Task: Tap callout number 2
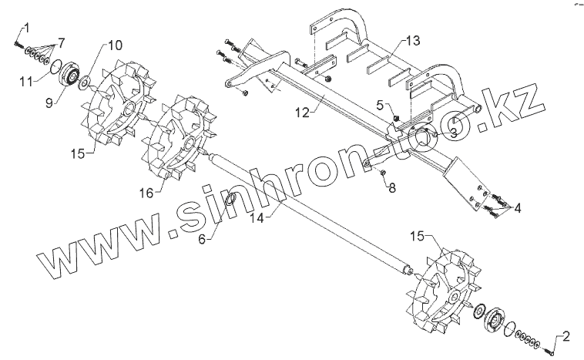(567, 336)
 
